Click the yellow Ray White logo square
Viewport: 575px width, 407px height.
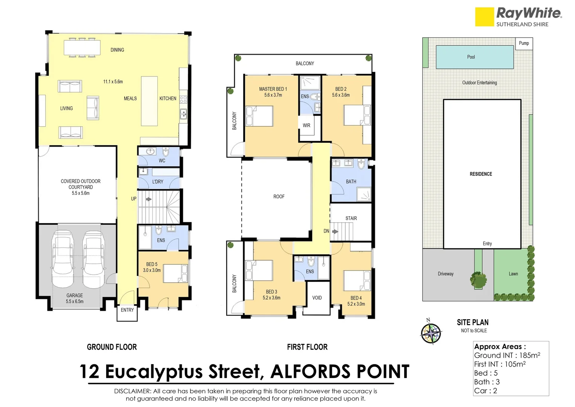coord(484,17)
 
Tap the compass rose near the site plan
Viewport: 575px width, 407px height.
coord(431,333)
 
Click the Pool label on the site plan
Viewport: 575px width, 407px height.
coord(471,57)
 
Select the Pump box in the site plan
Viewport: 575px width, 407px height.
coord(524,43)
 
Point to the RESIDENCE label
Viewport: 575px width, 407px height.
coord(481,174)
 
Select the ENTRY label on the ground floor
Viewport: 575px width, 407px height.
coord(127,310)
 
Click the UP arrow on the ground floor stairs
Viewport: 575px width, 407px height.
coord(149,199)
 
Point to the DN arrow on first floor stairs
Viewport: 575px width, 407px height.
coord(335,231)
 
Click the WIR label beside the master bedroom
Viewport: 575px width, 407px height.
coord(306,125)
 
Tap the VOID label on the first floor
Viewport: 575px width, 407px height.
coord(317,298)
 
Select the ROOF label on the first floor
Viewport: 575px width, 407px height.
coord(279,197)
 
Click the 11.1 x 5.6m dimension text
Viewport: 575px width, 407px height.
coord(113,82)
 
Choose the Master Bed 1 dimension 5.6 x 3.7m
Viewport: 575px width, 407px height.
coord(273,95)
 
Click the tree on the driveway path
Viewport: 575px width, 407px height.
coord(478,280)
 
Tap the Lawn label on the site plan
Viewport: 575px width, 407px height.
coord(513,274)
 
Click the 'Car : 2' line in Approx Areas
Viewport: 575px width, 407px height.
coord(485,391)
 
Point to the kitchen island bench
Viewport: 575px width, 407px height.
coord(149,101)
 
